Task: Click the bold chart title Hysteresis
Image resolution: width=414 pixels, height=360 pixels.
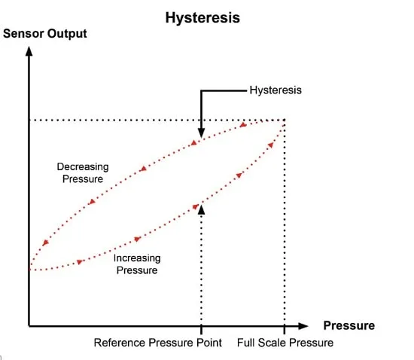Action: pos(202,18)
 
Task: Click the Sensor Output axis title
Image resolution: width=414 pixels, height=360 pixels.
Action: pos(45,34)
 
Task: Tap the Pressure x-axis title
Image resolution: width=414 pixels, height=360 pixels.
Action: pos(349,325)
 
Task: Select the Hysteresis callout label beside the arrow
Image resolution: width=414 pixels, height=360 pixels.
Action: pos(275,90)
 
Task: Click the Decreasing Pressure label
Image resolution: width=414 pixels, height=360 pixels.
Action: pos(83,172)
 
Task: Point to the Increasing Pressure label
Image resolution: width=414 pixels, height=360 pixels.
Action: pos(137,264)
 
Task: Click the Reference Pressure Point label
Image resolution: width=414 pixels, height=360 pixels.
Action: pos(158,343)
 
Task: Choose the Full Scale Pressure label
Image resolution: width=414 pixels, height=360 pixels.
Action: pos(285,343)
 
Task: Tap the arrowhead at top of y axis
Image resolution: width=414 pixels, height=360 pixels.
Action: pos(29,51)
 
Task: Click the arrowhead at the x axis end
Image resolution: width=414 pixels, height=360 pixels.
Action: pos(303,326)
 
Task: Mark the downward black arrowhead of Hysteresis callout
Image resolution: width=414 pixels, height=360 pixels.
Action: pos(201,133)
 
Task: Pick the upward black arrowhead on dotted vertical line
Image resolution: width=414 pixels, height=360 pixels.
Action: pos(201,209)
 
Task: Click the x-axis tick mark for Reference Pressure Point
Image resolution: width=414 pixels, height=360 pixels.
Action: pos(201,329)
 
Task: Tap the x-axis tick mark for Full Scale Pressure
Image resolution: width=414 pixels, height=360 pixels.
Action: pos(285,329)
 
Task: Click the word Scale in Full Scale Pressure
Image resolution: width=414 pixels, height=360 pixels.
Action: pos(272,343)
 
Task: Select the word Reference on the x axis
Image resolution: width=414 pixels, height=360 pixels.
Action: pos(120,343)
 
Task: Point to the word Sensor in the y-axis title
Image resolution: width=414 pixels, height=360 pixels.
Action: pos(23,34)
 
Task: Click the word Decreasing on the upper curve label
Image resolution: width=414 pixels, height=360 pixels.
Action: pos(83,167)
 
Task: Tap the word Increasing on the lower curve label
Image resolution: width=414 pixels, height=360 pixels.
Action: pos(137,258)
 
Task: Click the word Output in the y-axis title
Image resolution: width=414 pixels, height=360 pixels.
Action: pos(67,34)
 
